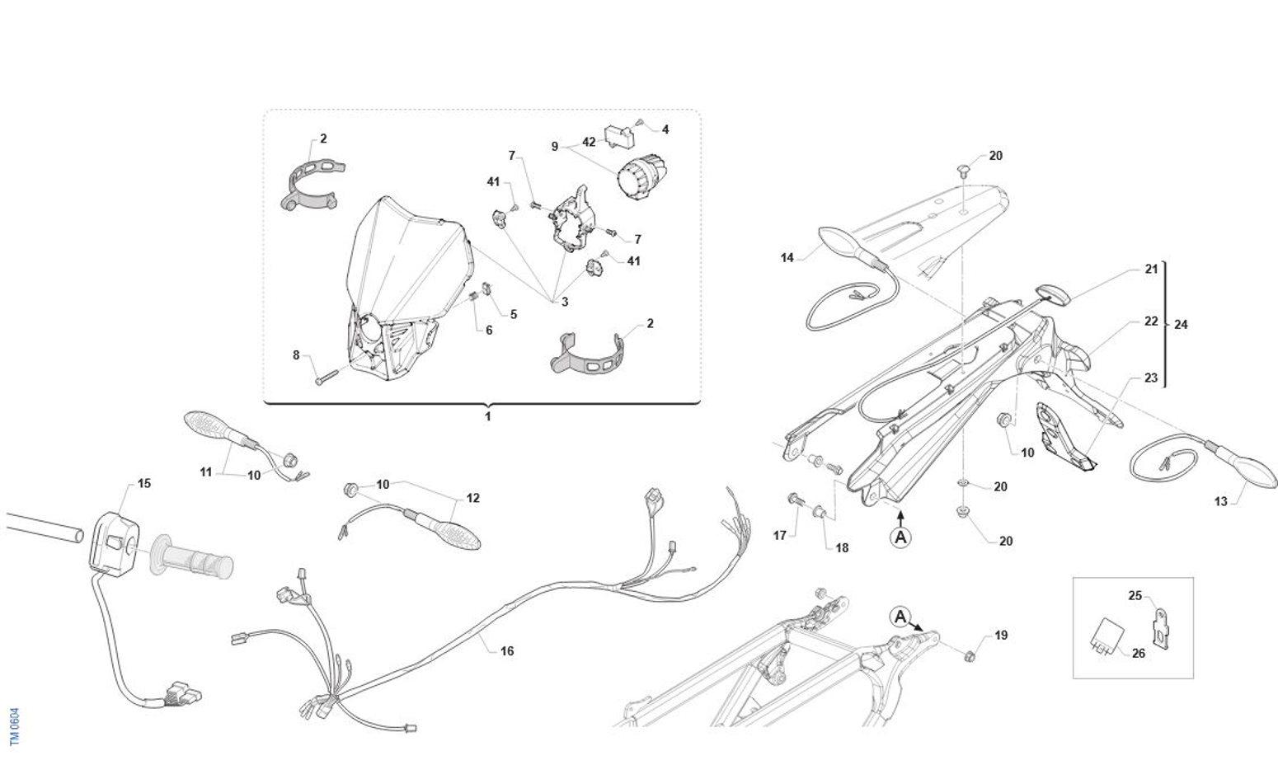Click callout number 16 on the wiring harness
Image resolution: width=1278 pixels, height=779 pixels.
click(506, 650)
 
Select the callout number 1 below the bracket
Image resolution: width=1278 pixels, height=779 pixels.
click(488, 417)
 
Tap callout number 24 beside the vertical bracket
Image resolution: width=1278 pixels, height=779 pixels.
click(1181, 325)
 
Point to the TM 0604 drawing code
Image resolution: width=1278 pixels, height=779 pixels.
click(15, 726)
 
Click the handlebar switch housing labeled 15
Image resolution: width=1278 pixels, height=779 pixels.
click(114, 542)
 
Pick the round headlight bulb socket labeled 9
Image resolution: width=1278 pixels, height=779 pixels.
click(641, 176)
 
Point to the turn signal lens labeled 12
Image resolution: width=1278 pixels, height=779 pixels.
click(456, 534)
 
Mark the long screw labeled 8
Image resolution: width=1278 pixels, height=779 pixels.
click(327, 378)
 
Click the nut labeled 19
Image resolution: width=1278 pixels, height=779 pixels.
click(968, 656)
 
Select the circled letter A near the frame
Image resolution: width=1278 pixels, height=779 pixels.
click(900, 617)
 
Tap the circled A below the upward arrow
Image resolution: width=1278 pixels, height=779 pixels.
click(900, 537)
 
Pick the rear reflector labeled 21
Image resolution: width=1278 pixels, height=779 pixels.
click(1051, 295)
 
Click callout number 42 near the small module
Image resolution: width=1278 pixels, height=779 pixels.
click(589, 142)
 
